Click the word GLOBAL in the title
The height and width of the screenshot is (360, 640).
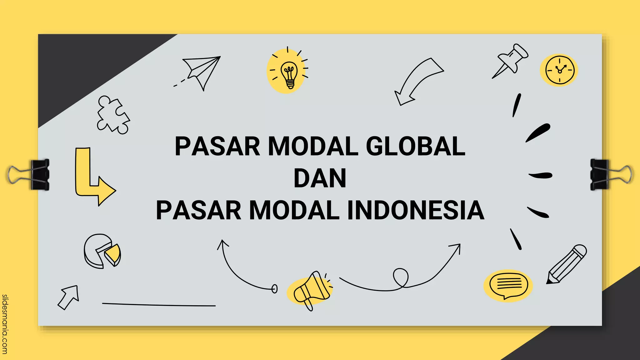click(415, 146)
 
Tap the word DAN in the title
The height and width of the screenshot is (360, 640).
click(320, 178)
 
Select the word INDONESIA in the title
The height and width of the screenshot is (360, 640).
click(416, 211)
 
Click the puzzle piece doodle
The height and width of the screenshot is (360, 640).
click(113, 115)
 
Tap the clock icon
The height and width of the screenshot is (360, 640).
click(559, 70)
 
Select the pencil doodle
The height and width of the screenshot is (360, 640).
click(566, 264)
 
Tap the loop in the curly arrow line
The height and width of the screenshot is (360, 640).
click(401, 277)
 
